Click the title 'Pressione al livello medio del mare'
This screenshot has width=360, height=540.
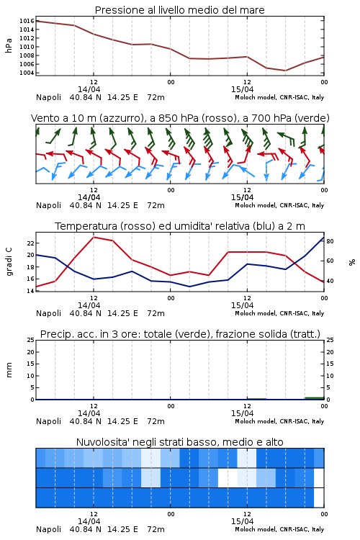click(x=179, y=10)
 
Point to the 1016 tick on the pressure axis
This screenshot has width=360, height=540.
click(x=27, y=21)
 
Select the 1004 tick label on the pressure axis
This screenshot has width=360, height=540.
click(x=27, y=73)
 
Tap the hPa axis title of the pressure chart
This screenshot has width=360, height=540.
click(x=9, y=46)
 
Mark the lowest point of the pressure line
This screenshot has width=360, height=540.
click(x=285, y=71)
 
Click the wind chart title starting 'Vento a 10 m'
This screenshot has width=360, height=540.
click(x=180, y=118)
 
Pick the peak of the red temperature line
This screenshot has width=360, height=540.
click(x=94, y=237)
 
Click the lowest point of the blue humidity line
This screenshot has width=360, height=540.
click(x=190, y=287)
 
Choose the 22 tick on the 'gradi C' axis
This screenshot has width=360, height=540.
click(x=31, y=243)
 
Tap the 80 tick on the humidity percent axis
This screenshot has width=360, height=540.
click(x=330, y=241)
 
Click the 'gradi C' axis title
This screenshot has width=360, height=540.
click(x=9, y=262)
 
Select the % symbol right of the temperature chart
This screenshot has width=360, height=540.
click(x=352, y=262)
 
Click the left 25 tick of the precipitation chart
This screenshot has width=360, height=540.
click(x=31, y=340)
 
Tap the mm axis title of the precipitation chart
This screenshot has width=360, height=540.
click(x=9, y=370)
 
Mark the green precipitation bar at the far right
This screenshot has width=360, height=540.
click(x=314, y=398)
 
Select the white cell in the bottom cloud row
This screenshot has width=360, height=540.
click(x=319, y=498)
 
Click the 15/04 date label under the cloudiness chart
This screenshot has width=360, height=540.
click(x=242, y=521)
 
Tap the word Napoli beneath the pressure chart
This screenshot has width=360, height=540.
click(x=48, y=97)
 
